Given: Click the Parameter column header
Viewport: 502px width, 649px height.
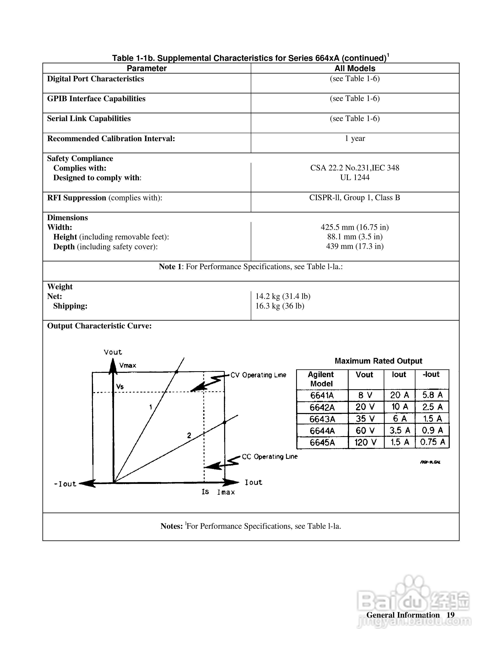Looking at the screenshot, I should [147, 68].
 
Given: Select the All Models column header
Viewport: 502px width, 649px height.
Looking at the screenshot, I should [355, 68].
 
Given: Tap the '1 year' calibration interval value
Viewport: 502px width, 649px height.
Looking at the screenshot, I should [355, 138].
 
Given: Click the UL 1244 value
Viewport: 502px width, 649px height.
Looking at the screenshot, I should [355, 178].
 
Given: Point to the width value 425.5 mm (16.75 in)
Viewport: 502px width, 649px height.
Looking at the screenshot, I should [355, 227].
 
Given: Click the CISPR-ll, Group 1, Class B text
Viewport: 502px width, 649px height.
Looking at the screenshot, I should [355, 198].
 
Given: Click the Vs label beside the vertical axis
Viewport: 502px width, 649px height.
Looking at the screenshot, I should [120, 387].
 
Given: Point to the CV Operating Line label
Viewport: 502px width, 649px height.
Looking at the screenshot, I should [258, 375].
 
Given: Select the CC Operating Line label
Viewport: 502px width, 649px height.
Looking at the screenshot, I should [269, 456].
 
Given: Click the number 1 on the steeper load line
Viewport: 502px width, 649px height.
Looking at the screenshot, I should [151, 407].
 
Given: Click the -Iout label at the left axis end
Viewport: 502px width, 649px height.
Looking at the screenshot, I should [65, 484].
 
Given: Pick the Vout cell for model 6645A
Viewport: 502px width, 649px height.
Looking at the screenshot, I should [365, 442].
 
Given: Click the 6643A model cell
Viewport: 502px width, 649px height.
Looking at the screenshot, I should [322, 419].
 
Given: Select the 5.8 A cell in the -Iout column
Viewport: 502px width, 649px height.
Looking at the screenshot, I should [432, 395].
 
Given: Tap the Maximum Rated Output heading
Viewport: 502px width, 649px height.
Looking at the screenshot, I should [378, 361].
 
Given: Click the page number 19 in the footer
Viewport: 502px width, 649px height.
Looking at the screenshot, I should [451, 615].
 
